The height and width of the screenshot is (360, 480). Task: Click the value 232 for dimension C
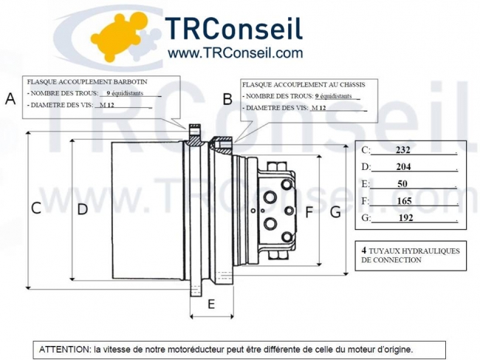tap(402, 150)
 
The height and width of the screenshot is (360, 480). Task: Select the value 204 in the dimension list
tap(403, 167)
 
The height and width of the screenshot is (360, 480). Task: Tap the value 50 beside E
tap(402, 183)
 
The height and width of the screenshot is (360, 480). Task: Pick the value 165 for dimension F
tap(404, 200)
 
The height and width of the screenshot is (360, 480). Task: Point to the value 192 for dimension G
tap(405, 218)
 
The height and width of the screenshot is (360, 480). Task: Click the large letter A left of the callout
tap(10, 99)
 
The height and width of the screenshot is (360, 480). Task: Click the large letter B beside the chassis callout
tap(227, 98)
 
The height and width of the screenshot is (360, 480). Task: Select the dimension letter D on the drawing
tap(83, 209)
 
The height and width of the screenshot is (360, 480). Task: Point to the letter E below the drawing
tap(210, 304)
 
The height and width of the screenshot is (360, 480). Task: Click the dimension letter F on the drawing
tap(309, 213)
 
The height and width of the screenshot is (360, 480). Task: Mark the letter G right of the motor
tap(335, 212)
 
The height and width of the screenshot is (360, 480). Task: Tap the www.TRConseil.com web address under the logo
tap(236, 53)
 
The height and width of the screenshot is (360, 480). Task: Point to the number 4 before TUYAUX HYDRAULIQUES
tap(364, 250)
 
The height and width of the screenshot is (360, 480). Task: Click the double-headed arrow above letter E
tap(212, 316)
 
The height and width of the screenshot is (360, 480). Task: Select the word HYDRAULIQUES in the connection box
tap(427, 251)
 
